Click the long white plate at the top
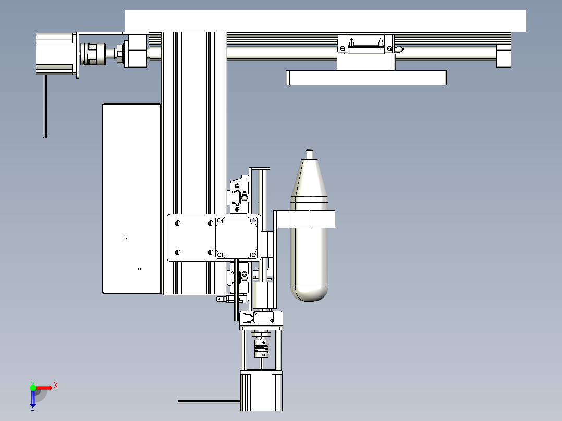coord(325,21)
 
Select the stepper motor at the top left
coord(55,53)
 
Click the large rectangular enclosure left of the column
coord(132,198)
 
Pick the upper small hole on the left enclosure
coord(126,238)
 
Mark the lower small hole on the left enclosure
coord(139,269)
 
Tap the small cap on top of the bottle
coord(310,153)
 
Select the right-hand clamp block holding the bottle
coord(322,219)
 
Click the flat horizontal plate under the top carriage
coord(366,78)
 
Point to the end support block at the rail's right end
coord(504,55)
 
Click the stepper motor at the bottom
coord(261,390)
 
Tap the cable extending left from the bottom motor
coord(209,401)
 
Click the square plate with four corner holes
coord(237,238)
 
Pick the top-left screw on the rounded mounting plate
coord(177,223)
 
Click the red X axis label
coord(55,386)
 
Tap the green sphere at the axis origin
coord(33,387)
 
